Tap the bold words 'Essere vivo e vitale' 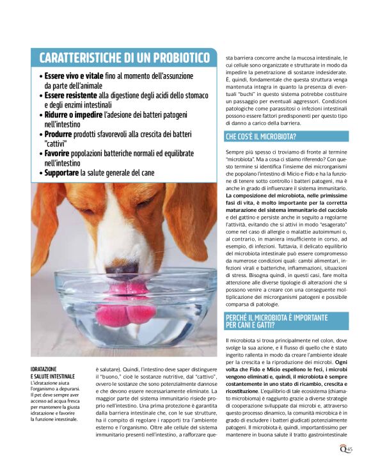tap(73, 76)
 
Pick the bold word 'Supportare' tap(61, 173)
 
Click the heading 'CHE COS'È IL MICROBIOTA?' tap(262, 137)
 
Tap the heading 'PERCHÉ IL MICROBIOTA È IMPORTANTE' tap(283, 318)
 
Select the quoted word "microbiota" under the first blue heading tap(241, 158)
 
